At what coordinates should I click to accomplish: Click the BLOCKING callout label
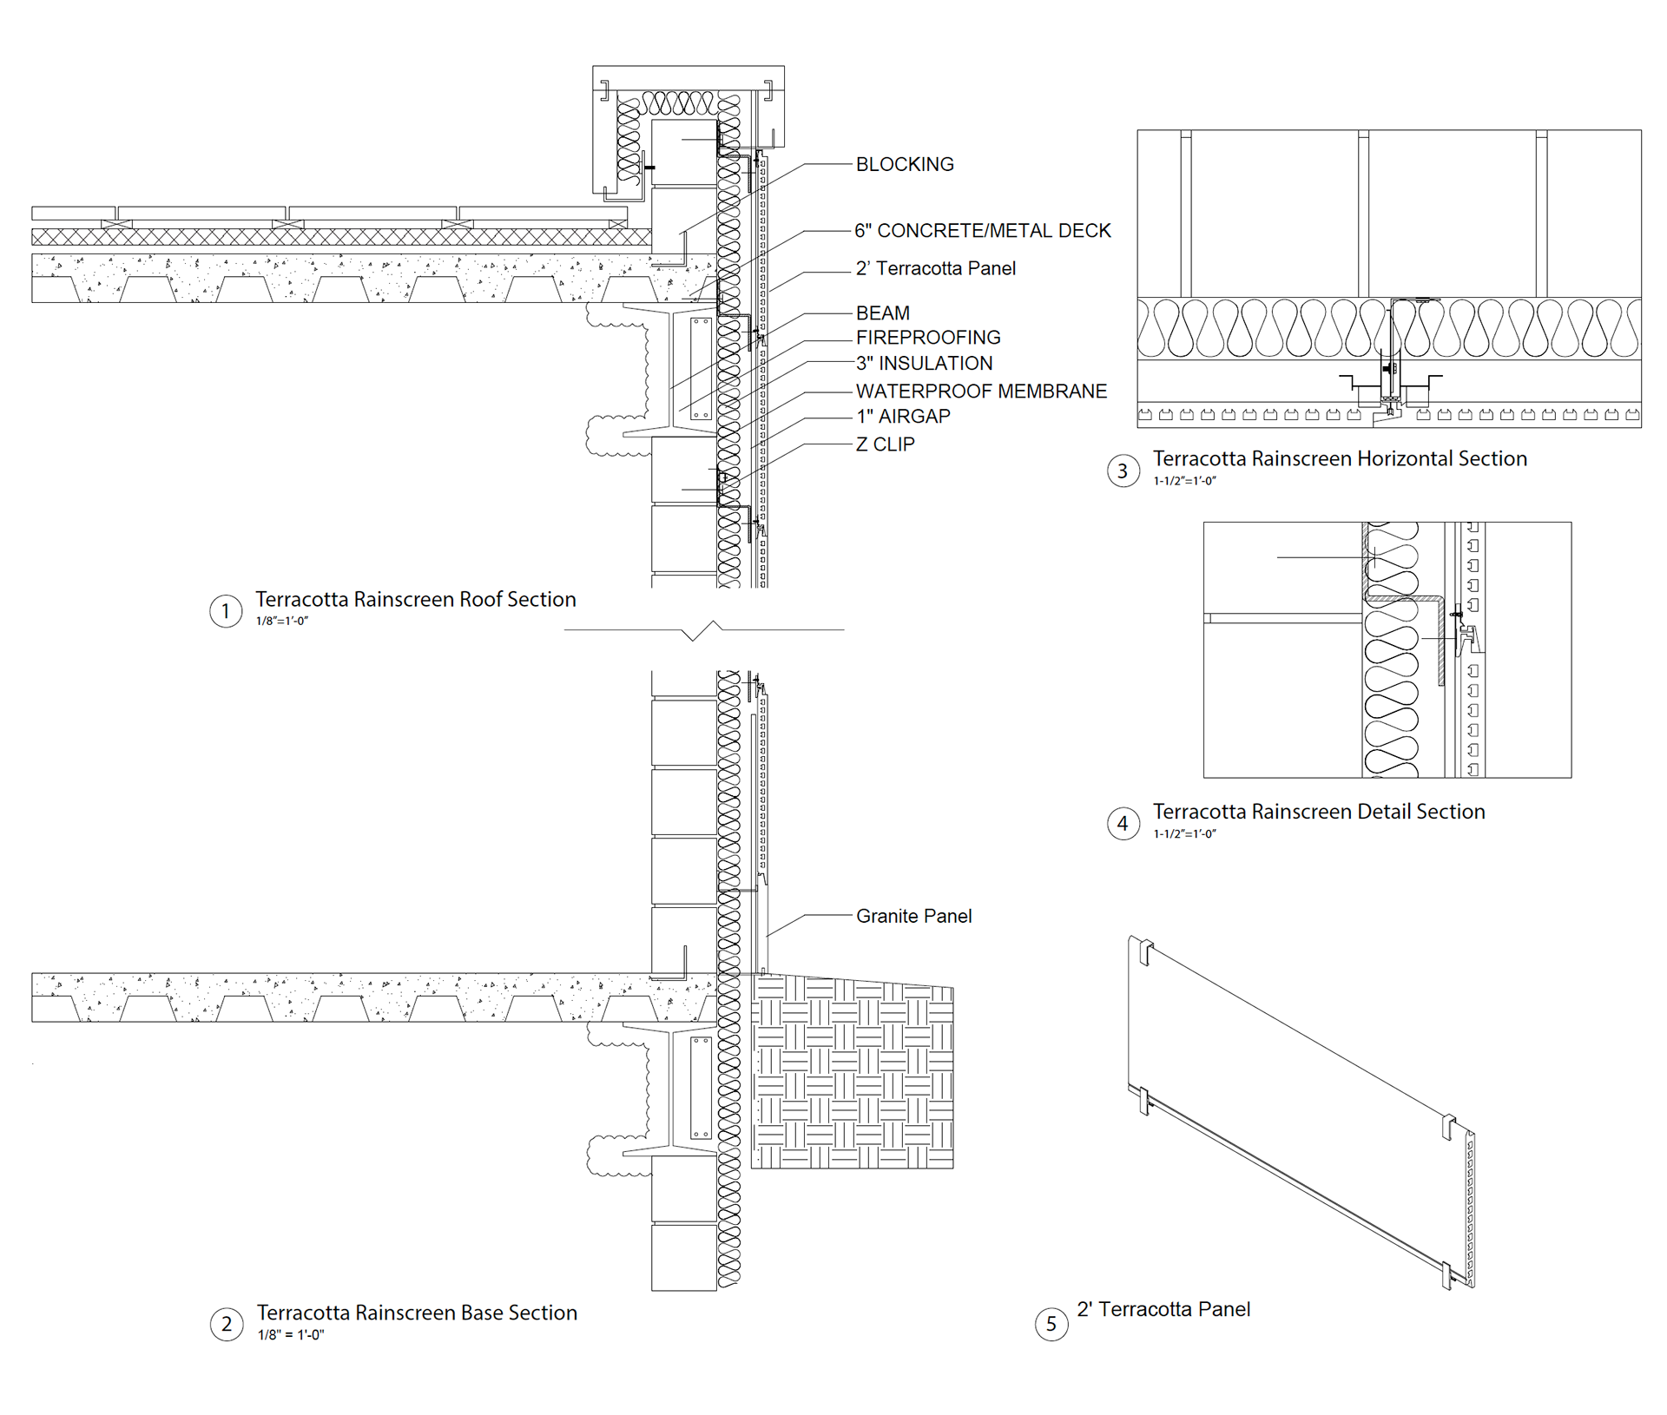click(x=905, y=164)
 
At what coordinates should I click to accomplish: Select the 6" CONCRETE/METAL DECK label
click(x=983, y=231)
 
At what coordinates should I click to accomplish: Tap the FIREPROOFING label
click(x=928, y=338)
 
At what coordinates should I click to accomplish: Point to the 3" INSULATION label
click(x=924, y=363)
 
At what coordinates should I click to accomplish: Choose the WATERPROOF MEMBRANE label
click(x=981, y=392)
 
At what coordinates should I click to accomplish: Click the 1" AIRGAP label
click(x=903, y=417)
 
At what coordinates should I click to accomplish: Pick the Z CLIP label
click(x=885, y=444)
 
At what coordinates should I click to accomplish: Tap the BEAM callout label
click(x=883, y=313)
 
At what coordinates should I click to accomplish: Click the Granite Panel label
click(x=913, y=916)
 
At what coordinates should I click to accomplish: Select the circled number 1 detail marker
click(x=226, y=611)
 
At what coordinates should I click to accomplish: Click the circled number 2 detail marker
click(x=227, y=1324)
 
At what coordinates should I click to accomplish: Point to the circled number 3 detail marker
click(x=1123, y=471)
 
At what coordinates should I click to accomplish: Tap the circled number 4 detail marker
click(x=1123, y=823)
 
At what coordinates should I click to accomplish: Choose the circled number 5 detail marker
click(x=1051, y=1323)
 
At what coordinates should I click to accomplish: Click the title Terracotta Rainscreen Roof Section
click(x=415, y=599)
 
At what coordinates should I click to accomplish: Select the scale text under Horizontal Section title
click(x=1184, y=481)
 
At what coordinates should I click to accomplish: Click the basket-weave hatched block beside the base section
click(x=852, y=1071)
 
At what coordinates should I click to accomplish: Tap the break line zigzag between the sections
click(x=703, y=630)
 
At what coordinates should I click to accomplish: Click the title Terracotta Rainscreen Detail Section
click(x=1319, y=812)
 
